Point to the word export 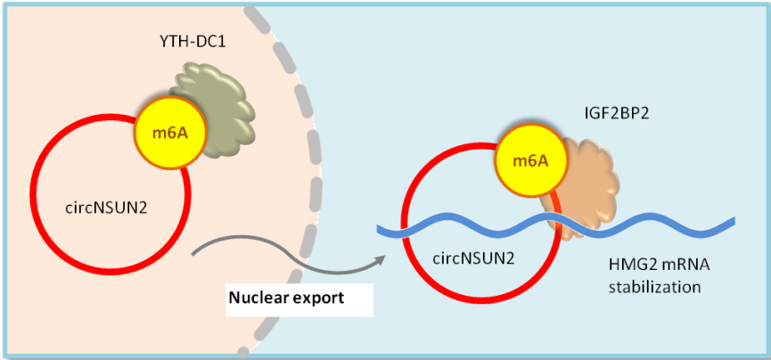click(320, 299)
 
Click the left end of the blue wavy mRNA click(381, 231)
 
